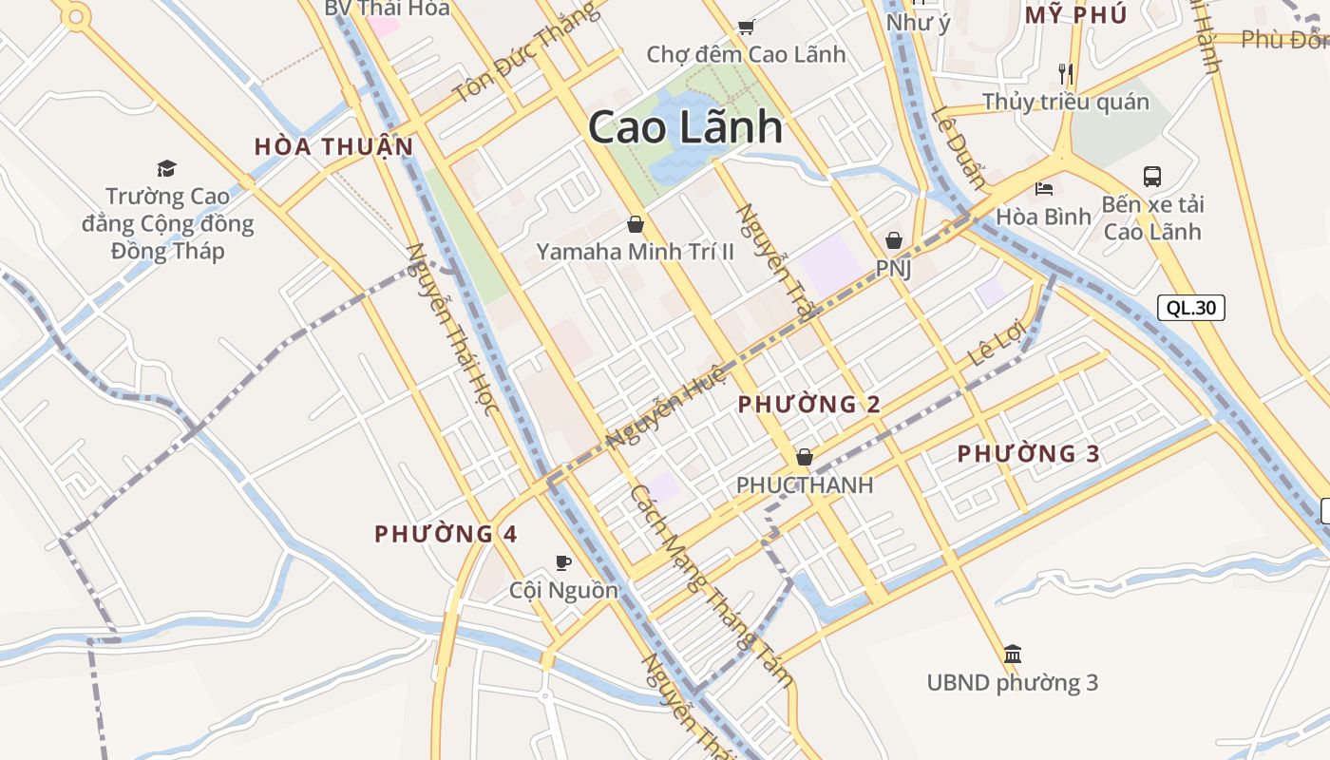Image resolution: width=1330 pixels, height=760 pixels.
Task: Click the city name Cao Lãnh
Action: (x=685, y=127)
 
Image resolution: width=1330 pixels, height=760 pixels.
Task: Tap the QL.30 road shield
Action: (x=1191, y=307)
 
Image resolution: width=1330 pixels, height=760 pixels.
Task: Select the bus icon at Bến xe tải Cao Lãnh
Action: (x=1152, y=176)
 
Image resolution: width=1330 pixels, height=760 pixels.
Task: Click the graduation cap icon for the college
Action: (x=167, y=168)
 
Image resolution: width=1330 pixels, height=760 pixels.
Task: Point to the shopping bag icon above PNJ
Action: (x=893, y=240)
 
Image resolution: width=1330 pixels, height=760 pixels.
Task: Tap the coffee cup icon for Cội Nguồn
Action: (x=563, y=561)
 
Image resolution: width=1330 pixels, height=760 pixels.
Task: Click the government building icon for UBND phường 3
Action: (x=1013, y=654)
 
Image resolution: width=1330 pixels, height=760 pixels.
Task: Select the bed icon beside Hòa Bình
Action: (x=1044, y=188)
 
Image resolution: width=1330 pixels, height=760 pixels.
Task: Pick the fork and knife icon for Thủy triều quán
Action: (x=1066, y=73)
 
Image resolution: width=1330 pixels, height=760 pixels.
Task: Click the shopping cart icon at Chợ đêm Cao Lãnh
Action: (x=746, y=27)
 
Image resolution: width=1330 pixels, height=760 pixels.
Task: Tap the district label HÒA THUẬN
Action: (x=333, y=146)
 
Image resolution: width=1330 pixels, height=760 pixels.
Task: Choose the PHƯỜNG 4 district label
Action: (x=446, y=534)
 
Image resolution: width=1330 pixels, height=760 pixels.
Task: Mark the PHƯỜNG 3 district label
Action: (x=1028, y=454)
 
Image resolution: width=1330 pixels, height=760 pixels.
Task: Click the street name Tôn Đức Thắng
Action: (x=526, y=52)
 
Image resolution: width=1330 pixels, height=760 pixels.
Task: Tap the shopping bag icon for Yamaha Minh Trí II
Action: (x=636, y=225)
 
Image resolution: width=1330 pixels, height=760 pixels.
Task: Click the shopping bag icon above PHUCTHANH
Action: (x=805, y=457)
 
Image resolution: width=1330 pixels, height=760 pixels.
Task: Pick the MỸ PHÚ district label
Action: (x=1075, y=15)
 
